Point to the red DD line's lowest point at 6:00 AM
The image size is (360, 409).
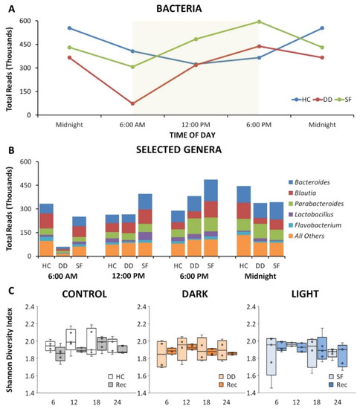pos(133,103)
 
